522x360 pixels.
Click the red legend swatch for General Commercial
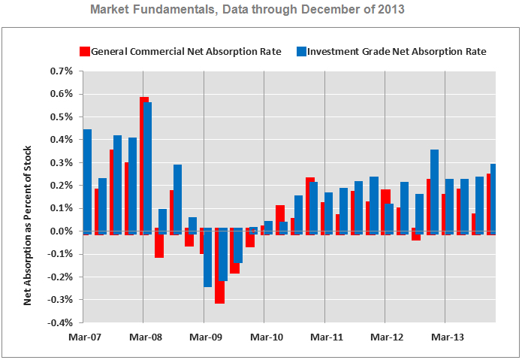tap(85, 51)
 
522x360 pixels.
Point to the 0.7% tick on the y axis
tap(62, 71)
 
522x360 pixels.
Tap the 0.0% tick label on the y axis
tap(62, 231)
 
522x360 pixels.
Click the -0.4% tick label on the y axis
tap(60, 323)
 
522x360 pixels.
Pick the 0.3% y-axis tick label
tap(62, 163)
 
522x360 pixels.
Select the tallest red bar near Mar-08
tap(143, 165)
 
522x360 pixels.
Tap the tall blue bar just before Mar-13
tap(434, 191)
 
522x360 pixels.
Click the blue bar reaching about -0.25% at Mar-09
tap(207, 259)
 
